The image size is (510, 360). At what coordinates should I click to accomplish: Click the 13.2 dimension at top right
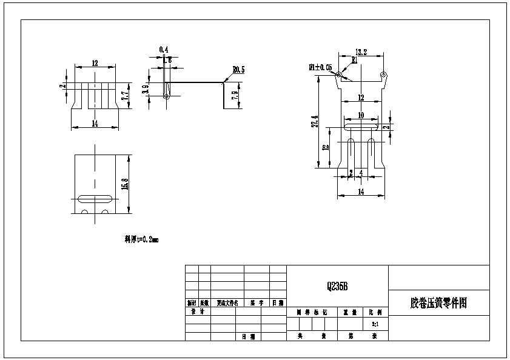pyautogui.click(x=361, y=53)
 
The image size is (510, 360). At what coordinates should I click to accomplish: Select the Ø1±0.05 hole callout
pyautogui.click(x=320, y=67)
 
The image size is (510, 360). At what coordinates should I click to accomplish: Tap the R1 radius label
pyautogui.click(x=354, y=59)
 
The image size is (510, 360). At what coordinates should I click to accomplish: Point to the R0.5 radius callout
pyautogui.click(x=238, y=70)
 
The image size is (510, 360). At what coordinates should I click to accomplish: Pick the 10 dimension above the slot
pyautogui.click(x=360, y=115)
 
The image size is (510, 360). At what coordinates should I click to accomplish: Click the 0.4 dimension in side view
pyautogui.click(x=163, y=49)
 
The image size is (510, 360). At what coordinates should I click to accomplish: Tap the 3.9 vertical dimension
pyautogui.click(x=146, y=90)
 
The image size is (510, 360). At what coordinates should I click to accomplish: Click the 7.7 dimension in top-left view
pyautogui.click(x=124, y=96)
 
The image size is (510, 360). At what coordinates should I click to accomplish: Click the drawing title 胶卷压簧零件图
pyautogui.click(x=438, y=302)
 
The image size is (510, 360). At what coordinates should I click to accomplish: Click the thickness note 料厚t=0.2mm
pyautogui.click(x=137, y=239)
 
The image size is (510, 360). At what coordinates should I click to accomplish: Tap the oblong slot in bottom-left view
pyautogui.click(x=95, y=198)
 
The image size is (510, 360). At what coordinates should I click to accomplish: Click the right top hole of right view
pyautogui.click(x=383, y=75)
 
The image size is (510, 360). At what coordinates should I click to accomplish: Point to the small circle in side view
pyautogui.click(x=166, y=96)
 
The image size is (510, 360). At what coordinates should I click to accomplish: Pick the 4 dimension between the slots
pyautogui.click(x=361, y=173)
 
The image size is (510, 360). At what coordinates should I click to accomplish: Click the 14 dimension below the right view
pyautogui.click(x=361, y=192)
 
